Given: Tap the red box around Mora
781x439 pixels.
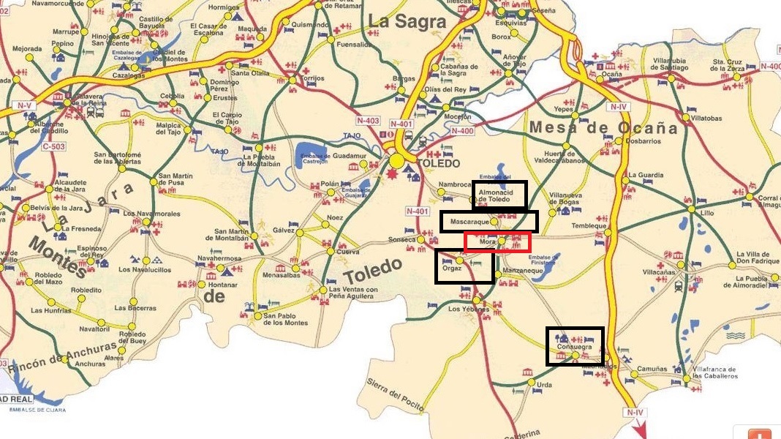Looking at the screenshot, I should pyautogui.click(x=497, y=241).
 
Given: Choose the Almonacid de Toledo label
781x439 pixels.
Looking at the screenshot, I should pyautogui.click(x=499, y=195).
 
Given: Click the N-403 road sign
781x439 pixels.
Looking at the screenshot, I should pyautogui.click(x=368, y=121).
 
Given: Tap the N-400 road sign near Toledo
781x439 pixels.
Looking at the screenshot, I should pyautogui.click(x=463, y=131).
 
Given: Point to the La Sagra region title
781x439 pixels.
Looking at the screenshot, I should pyautogui.click(x=407, y=22).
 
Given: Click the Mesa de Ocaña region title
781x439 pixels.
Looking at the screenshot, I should pyautogui.click(x=603, y=127).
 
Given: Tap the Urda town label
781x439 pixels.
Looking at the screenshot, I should pyautogui.click(x=544, y=384).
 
